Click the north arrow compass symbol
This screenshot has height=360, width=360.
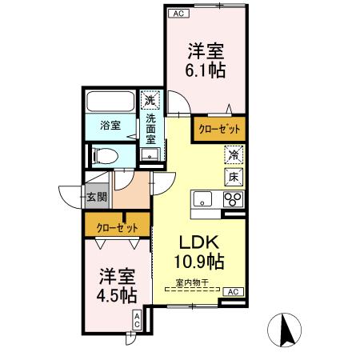(x=286, y=330)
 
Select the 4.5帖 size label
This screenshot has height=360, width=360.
(x=117, y=294)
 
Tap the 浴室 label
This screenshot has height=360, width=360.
(x=110, y=126)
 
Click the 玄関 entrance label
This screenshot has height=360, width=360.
(x=94, y=195)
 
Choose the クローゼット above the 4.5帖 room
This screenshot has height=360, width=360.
(x=117, y=227)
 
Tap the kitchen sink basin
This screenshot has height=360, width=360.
(x=202, y=199)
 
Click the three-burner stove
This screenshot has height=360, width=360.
(x=233, y=199)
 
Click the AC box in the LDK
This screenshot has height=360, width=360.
(x=233, y=292)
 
